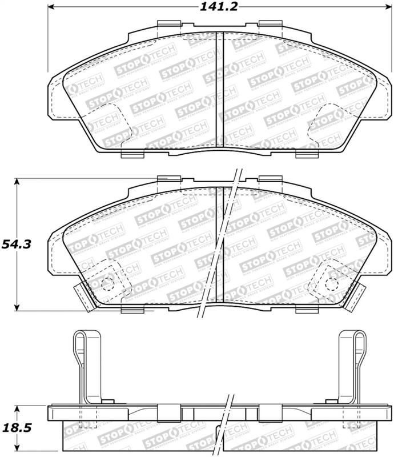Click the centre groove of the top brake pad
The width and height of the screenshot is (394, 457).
(218, 91)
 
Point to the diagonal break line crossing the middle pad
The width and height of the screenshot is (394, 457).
(220, 246)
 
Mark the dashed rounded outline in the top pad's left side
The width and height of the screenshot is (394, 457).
(103, 123)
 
